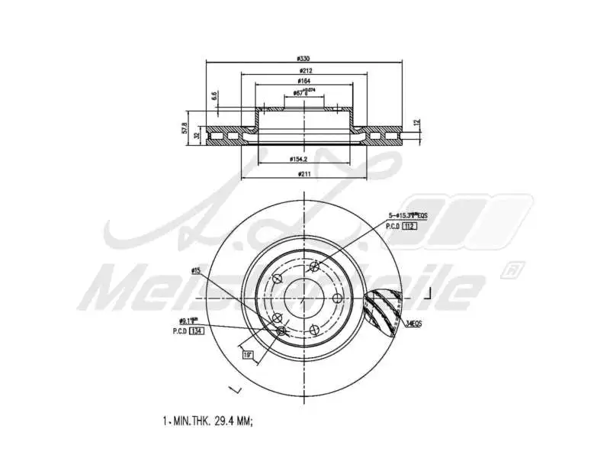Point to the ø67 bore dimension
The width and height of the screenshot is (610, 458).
pyautogui.click(x=300, y=95)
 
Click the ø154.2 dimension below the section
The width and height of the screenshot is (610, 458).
pyautogui.click(x=298, y=160)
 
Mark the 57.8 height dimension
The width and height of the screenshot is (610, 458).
pyautogui.click(x=184, y=127)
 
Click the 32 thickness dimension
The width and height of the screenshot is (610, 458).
pyautogui.click(x=197, y=135)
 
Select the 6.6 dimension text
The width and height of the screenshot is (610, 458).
pyautogui.click(x=215, y=96)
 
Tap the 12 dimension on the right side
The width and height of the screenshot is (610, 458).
pyautogui.click(x=416, y=122)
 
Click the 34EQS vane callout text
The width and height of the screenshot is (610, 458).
pyautogui.click(x=414, y=324)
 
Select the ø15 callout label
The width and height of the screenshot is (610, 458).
pyautogui.click(x=196, y=271)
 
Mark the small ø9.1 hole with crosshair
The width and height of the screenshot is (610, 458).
pyautogui.click(x=281, y=330)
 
